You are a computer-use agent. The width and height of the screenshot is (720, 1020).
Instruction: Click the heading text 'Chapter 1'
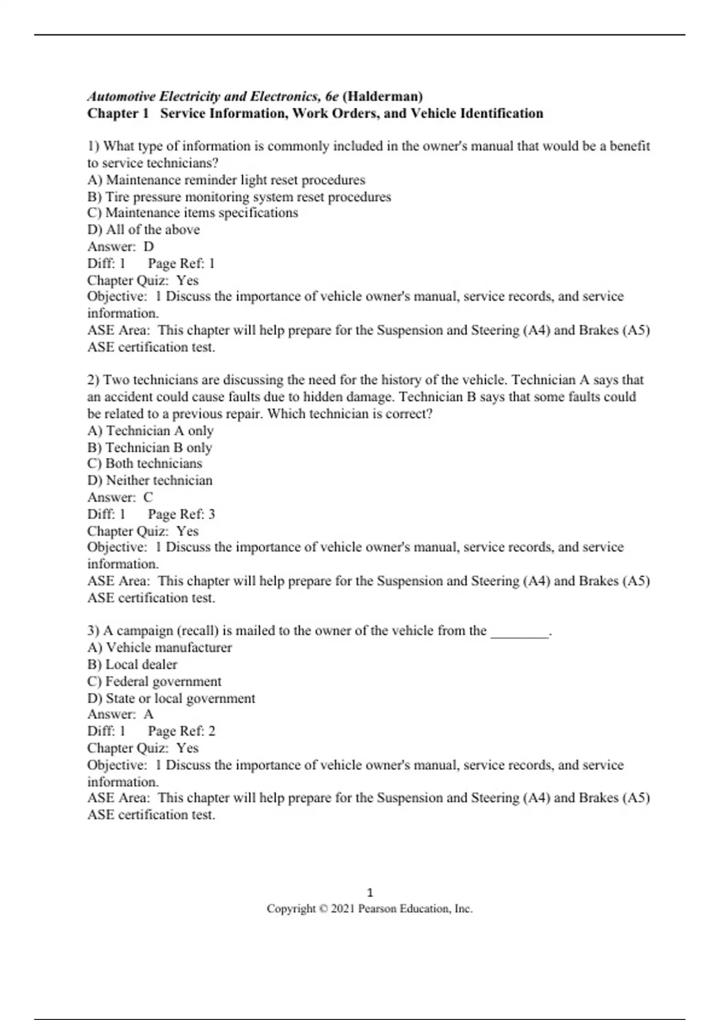pyautogui.click(x=118, y=113)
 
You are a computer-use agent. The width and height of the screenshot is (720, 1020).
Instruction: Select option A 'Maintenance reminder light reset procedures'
pyautogui.click(x=226, y=180)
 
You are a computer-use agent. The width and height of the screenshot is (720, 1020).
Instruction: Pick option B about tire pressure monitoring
pyautogui.click(x=239, y=197)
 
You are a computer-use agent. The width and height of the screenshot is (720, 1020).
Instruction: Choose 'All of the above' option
pyautogui.click(x=143, y=230)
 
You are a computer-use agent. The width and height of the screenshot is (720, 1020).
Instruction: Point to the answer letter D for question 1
pyautogui.click(x=149, y=247)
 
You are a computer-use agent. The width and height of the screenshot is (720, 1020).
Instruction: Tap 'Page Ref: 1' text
pyautogui.click(x=181, y=263)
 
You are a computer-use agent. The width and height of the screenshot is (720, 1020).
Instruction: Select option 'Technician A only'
pyautogui.click(x=151, y=431)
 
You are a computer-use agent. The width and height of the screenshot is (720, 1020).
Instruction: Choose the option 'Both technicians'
pyautogui.click(x=145, y=464)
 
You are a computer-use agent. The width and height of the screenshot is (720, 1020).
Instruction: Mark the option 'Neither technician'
pyautogui.click(x=150, y=481)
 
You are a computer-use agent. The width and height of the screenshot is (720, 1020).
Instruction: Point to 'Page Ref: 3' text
pyautogui.click(x=181, y=514)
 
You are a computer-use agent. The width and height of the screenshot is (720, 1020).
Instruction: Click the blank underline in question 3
pyautogui.click(x=520, y=632)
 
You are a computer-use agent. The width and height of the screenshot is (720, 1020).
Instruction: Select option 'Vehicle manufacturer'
pyautogui.click(x=160, y=648)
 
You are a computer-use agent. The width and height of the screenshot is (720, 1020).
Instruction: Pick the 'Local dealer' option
pyautogui.click(x=132, y=665)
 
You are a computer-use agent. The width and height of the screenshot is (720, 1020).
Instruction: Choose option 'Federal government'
pyautogui.click(x=154, y=682)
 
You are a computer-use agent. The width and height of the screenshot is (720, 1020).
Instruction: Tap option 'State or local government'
pyautogui.click(x=171, y=698)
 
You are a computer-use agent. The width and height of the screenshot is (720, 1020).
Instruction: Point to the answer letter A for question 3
pyautogui.click(x=149, y=715)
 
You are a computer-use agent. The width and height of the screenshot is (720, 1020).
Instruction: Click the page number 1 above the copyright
pyautogui.click(x=370, y=892)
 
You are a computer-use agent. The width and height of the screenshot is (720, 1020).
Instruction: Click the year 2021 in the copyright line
pyautogui.click(x=343, y=909)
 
